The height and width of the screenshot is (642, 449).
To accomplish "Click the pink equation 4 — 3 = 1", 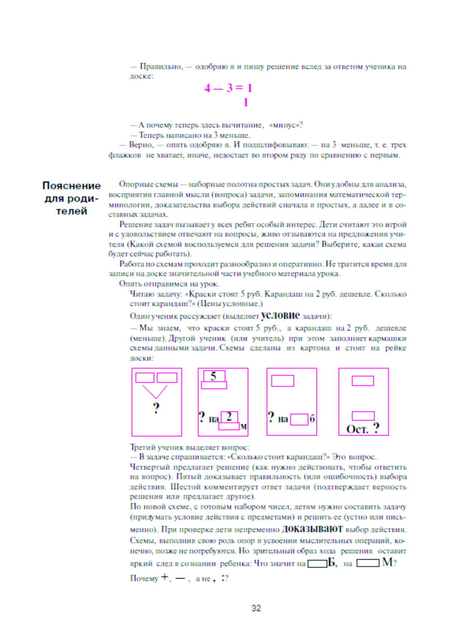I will pyautogui.click(x=228, y=88).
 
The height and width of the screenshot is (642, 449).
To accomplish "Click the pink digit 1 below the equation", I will pyautogui.click(x=246, y=102).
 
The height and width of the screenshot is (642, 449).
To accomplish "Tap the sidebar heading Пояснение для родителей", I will pyautogui.click(x=71, y=198).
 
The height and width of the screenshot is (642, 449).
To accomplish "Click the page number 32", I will pyautogui.click(x=256, y=608).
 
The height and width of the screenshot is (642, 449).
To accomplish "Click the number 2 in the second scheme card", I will pyautogui.click(x=229, y=416).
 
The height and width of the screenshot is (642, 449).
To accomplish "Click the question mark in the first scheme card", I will pyautogui.click(x=156, y=408).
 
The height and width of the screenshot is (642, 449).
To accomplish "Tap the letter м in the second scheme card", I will pyautogui.click(x=243, y=426).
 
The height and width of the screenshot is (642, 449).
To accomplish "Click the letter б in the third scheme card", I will pyautogui.click(x=312, y=419).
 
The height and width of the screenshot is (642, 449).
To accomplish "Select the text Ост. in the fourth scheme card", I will pyautogui.click(x=357, y=429).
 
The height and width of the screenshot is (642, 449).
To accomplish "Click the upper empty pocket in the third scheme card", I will pyautogui.click(x=283, y=381).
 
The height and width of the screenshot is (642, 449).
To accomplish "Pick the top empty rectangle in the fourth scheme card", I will pyautogui.click(x=363, y=381).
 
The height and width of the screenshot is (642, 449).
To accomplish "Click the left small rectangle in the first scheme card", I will pyautogui.click(x=145, y=378).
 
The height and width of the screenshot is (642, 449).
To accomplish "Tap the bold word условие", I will pyautogui.click(x=280, y=315).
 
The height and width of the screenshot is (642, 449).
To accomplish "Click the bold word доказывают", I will pyautogui.click(x=312, y=529).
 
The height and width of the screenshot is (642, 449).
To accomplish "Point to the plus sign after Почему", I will pyautogui.click(x=165, y=577).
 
